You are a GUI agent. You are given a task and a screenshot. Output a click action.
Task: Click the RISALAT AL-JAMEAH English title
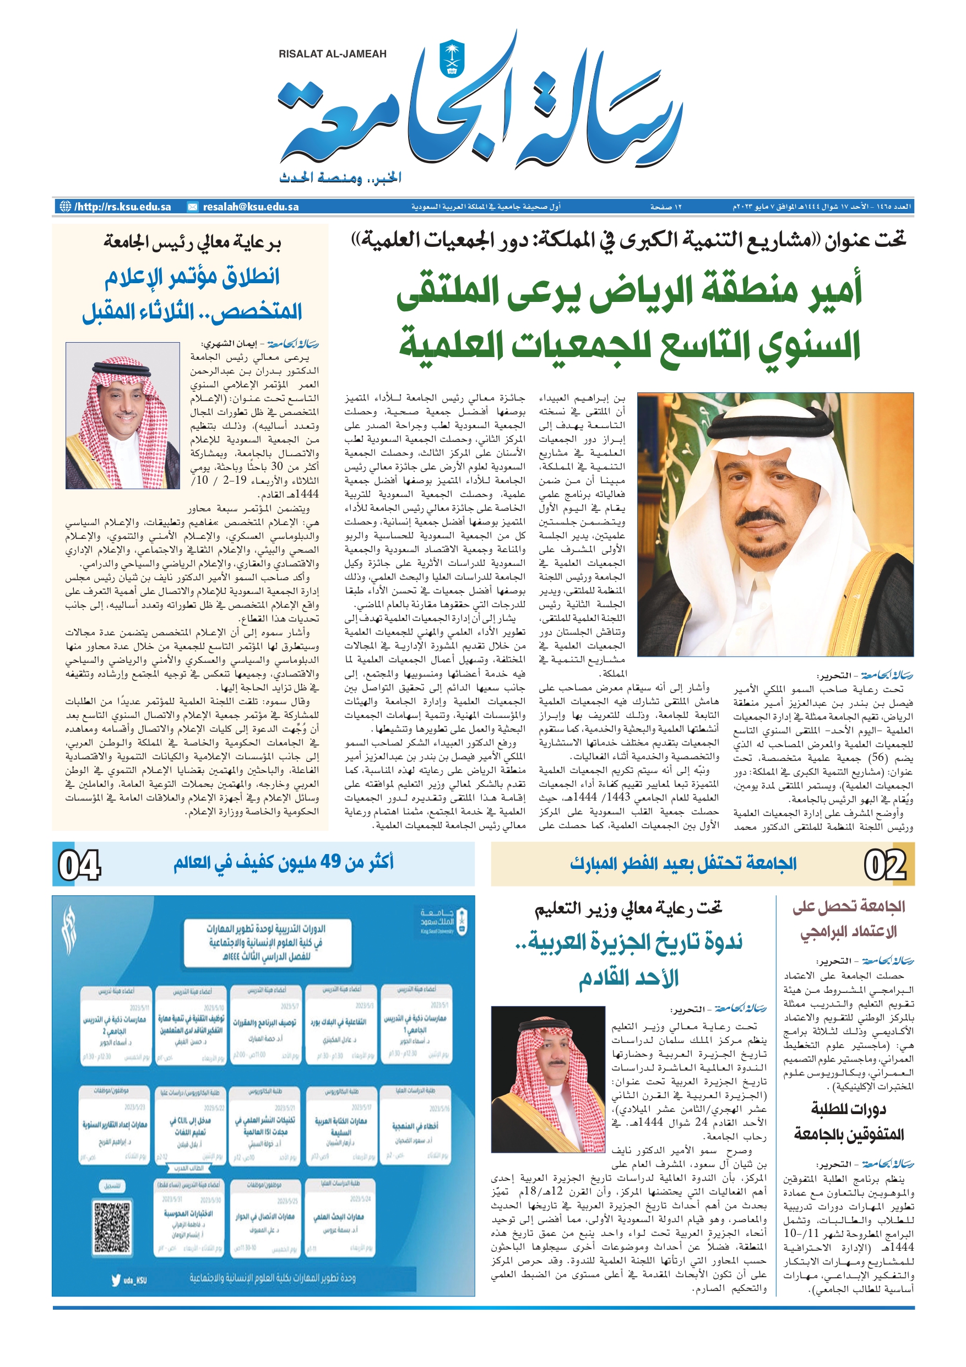[332, 54]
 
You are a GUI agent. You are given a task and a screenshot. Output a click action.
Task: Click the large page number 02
[884, 865]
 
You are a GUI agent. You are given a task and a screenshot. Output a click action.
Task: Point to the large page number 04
[79, 865]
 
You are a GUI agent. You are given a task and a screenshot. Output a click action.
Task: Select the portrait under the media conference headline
[123, 415]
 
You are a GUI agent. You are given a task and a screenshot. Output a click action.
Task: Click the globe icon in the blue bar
[65, 207]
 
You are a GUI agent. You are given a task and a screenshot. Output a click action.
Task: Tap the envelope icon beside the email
[192, 207]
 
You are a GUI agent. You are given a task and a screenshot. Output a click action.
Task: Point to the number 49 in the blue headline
[330, 862]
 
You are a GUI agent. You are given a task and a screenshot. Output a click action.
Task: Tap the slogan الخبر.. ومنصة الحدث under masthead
[340, 177]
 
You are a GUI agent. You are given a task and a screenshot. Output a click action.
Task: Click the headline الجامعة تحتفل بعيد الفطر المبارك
[683, 863]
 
